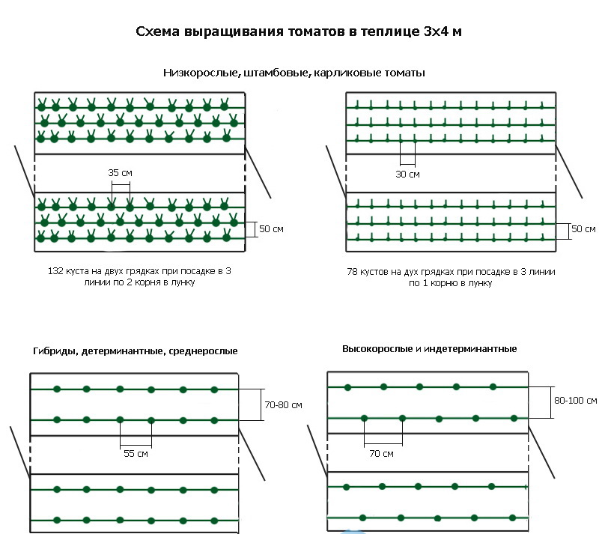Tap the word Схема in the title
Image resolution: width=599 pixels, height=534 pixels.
pos(157,31)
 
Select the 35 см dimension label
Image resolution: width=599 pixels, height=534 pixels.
pos(121,173)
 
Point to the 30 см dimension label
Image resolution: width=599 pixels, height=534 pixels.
pos(407,175)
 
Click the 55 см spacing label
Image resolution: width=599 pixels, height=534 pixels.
pos(136,454)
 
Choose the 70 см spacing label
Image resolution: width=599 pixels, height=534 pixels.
pos(381,454)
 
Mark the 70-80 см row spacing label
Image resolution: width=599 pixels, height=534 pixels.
pos(284,404)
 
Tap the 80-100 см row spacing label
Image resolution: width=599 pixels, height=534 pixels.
pos(575,401)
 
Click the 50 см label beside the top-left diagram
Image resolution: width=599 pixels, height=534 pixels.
pos(271,229)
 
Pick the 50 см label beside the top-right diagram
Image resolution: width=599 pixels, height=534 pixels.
pos(583,229)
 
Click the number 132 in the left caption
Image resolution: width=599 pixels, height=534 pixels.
pos(55,271)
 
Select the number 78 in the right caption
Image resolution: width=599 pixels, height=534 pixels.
pos(352,272)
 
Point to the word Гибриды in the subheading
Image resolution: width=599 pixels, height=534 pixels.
pos(55,351)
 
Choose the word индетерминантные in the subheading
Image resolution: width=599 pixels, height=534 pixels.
pos(470,348)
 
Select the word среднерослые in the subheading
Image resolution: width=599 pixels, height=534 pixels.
pos(203,351)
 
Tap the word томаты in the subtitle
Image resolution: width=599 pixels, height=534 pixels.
pos(404,73)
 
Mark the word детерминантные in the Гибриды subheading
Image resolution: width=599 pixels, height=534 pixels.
pos(123,351)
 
